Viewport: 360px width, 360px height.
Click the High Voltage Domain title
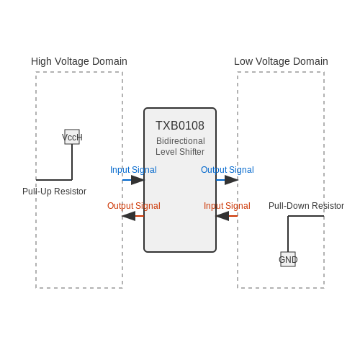79,61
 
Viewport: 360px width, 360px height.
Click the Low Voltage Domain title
281,61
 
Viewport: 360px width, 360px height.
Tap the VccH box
72,137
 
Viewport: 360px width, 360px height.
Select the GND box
288,259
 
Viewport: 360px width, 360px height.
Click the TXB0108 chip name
180,125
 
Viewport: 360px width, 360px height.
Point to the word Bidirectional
181,141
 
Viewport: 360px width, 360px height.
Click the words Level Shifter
180,152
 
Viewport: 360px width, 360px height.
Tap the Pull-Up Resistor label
54,192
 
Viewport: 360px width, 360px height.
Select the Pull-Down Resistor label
306,206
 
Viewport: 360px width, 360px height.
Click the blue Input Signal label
133,170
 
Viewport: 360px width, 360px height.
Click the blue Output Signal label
228,170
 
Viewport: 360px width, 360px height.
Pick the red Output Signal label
134,206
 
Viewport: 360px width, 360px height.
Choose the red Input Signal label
227,206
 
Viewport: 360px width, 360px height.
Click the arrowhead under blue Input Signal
138,180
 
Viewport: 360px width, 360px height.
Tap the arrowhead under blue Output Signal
231,180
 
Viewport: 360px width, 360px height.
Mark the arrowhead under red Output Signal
129,216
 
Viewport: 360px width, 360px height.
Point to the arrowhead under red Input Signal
222,216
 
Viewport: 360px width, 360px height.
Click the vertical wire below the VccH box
72,162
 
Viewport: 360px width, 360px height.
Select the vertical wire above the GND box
288,234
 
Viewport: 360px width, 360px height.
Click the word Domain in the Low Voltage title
310,61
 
